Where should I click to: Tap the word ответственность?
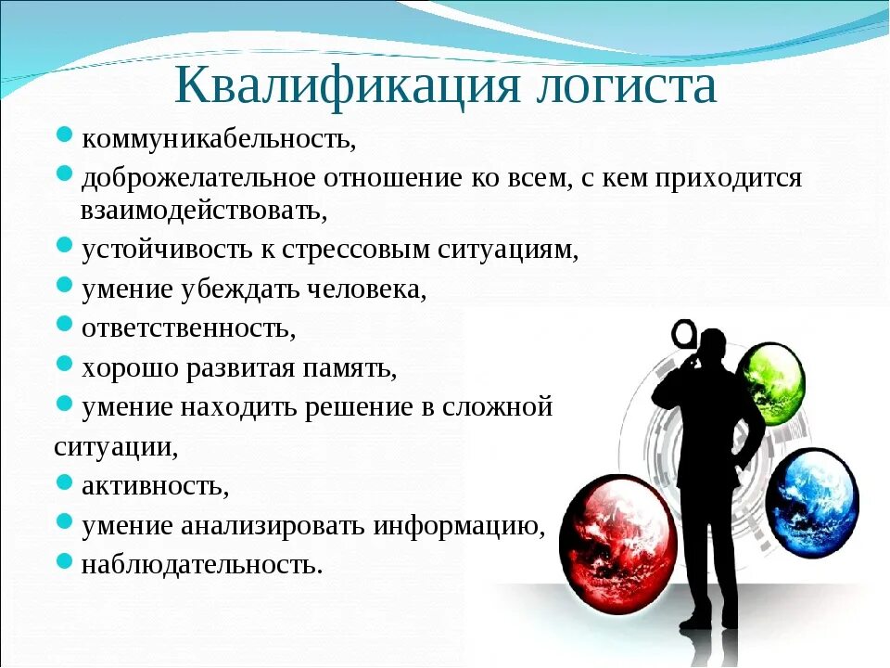pos(187,328)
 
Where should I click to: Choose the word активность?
pos(154,485)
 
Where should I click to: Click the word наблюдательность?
pos(201,564)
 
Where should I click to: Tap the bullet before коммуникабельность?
pos(64,136)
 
